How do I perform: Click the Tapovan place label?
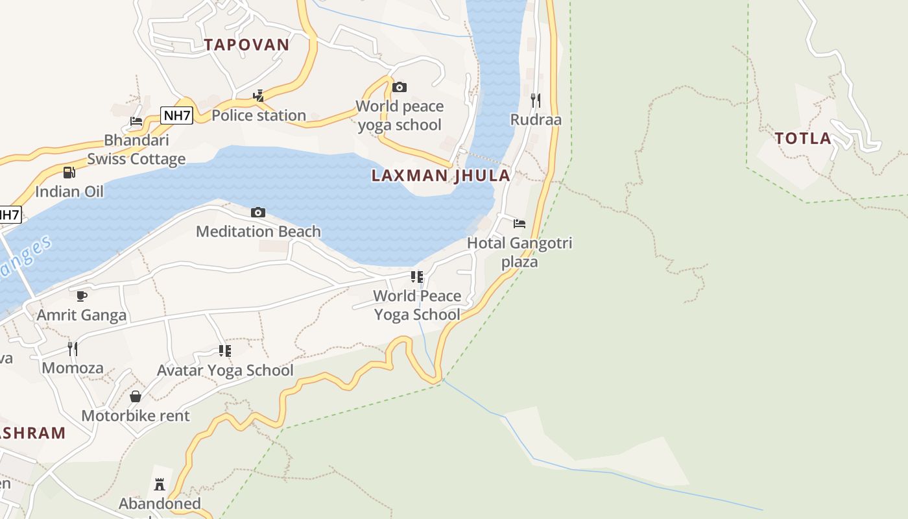pyautogui.click(x=246, y=45)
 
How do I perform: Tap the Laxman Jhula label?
pyautogui.click(x=440, y=176)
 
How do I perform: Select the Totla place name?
pyautogui.click(x=803, y=138)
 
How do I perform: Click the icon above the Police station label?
pyautogui.click(x=258, y=97)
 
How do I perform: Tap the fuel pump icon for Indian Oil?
pyautogui.click(x=69, y=173)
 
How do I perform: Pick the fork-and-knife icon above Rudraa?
pyautogui.click(x=535, y=100)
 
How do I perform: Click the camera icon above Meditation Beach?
pyautogui.click(x=258, y=213)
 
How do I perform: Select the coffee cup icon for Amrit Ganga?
pyautogui.click(x=82, y=296)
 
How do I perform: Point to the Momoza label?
pyautogui.click(x=73, y=368)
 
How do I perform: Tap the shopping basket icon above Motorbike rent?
pyautogui.click(x=136, y=396)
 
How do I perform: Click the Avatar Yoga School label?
pyautogui.click(x=225, y=371)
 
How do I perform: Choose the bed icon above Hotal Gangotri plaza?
pyautogui.click(x=520, y=224)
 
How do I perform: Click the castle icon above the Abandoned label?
pyautogui.click(x=160, y=484)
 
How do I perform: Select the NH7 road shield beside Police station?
pyautogui.click(x=177, y=116)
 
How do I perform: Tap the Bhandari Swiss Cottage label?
pyautogui.click(x=136, y=150)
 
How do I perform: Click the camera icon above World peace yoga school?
pyautogui.click(x=400, y=88)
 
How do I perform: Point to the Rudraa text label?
pyautogui.click(x=536, y=120)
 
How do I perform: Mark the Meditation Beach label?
pyautogui.click(x=258, y=232)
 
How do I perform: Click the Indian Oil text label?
pyautogui.click(x=69, y=192)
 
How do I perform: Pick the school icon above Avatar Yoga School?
pyautogui.click(x=225, y=351)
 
